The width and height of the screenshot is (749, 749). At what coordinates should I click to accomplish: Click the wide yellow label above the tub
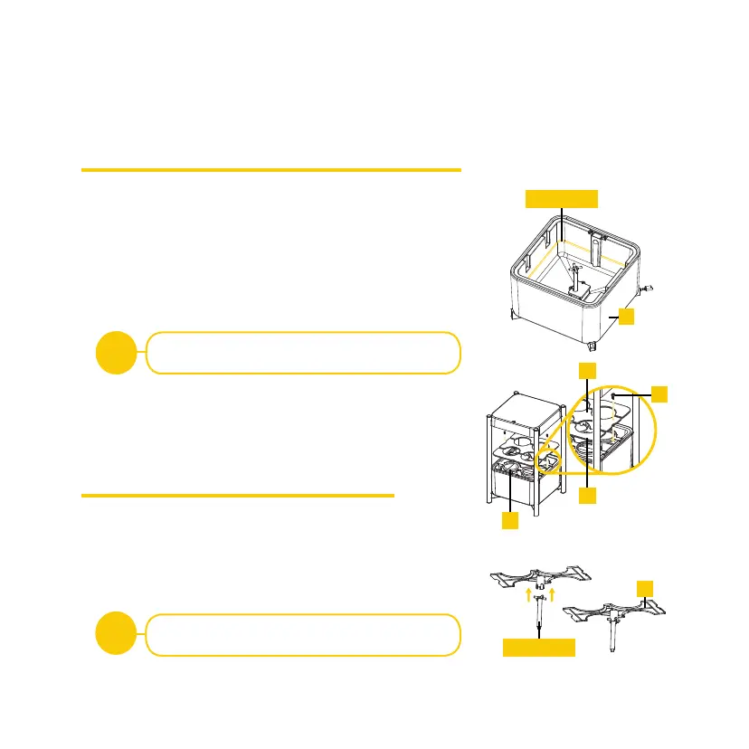(x=562, y=198)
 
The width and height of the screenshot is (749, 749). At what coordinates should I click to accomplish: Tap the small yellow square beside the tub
(x=626, y=316)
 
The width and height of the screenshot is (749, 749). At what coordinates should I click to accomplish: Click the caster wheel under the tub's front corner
(x=592, y=346)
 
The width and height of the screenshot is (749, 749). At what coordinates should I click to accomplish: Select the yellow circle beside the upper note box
(x=117, y=353)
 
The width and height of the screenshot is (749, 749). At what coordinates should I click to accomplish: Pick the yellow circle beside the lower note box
(x=117, y=634)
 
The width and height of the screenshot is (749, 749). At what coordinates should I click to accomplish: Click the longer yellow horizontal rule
(x=271, y=169)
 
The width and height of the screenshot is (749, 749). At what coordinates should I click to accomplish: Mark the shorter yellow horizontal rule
(x=238, y=495)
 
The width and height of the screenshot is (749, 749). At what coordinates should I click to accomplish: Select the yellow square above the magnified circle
(x=588, y=371)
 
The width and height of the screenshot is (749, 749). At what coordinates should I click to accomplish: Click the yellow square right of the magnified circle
(x=660, y=393)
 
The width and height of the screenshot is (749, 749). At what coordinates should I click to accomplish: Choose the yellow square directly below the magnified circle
(x=588, y=496)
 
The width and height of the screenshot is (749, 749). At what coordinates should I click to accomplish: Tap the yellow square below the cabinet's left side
(x=511, y=522)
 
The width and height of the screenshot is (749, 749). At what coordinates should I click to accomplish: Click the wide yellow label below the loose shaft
(x=538, y=648)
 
